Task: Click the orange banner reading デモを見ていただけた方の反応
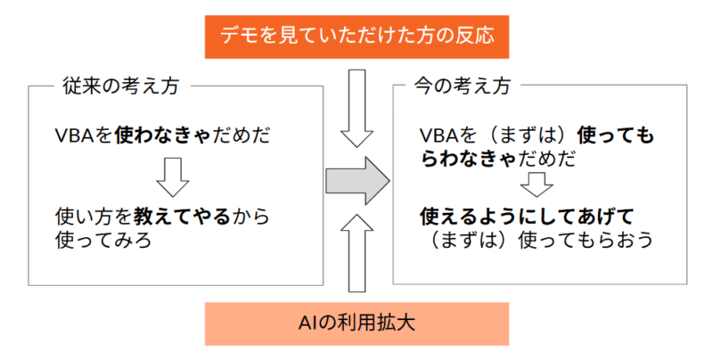click(356, 37)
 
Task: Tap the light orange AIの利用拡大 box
click(356, 323)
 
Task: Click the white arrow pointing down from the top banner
click(357, 107)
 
